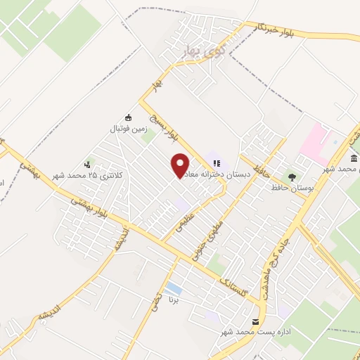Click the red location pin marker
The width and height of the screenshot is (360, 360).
pyautogui.click(x=181, y=165)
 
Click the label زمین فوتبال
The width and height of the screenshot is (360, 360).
pyautogui.click(x=127, y=129)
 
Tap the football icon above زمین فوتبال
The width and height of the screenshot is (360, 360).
pyautogui.click(x=127, y=117)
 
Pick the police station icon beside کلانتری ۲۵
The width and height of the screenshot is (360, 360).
pyautogui.click(x=87, y=162)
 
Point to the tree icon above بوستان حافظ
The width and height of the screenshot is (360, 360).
pyautogui.click(x=291, y=176)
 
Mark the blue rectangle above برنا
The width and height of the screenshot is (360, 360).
pyautogui.click(x=173, y=289)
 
